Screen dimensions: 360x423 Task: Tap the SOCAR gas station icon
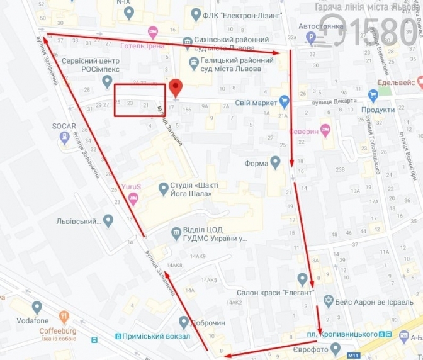coord(64,140)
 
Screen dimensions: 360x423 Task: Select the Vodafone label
coord(37,320)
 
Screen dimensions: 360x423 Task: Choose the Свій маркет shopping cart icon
coord(285,101)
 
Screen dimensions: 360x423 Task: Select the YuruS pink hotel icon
coord(133,198)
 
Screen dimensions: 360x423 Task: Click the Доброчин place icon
coord(183,322)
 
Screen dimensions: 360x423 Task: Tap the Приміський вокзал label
coord(153,336)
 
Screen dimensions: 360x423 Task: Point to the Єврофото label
coord(312,348)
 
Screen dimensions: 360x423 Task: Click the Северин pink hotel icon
coord(325,130)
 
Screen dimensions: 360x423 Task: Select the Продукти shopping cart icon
coord(372,96)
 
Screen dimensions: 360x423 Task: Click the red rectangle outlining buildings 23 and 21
coord(140,100)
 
